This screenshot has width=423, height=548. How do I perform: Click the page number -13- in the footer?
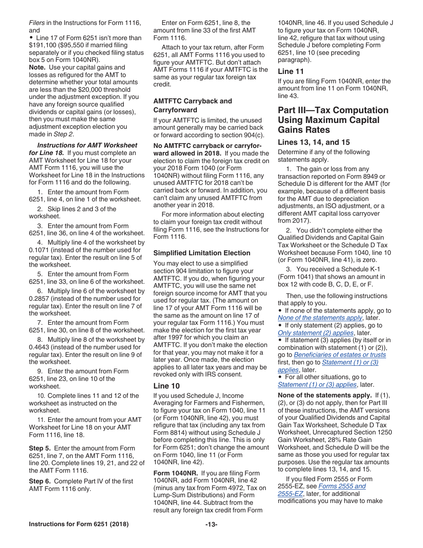(211, 524)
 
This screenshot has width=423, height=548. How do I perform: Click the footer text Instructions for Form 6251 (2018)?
(79, 524)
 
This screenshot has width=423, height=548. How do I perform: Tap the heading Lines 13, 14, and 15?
(313, 142)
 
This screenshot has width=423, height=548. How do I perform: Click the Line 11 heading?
(291, 71)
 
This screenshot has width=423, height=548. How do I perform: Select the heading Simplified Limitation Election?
(202, 253)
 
